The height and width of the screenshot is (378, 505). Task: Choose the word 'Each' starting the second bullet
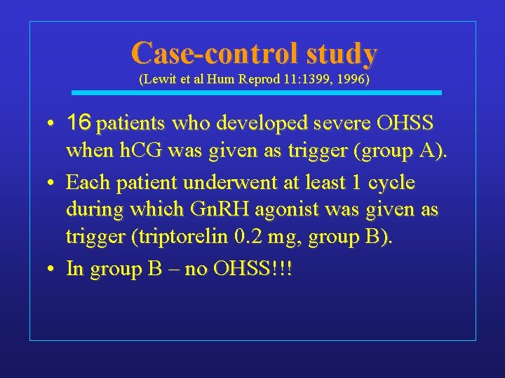click(85, 183)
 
